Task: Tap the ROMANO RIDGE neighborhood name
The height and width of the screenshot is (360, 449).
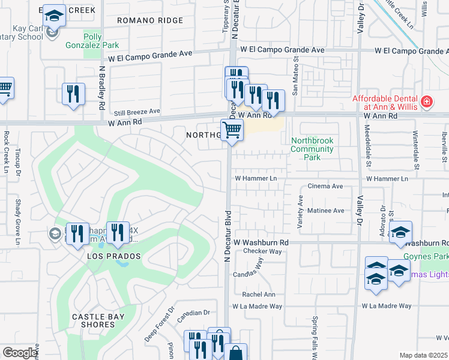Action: (149, 20)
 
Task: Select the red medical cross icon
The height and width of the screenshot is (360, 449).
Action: (427, 103)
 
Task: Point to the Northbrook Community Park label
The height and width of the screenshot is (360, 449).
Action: (312, 149)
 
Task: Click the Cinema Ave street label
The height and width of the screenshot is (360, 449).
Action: (325, 187)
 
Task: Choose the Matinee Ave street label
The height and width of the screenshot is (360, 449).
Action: (325, 211)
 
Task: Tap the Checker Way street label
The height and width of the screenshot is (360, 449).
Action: (250, 252)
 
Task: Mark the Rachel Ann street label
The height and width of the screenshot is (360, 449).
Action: (259, 295)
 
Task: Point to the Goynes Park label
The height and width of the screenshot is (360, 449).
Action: (435, 256)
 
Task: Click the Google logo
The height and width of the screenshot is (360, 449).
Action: (20, 352)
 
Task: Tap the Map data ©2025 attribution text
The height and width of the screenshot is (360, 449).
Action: (423, 355)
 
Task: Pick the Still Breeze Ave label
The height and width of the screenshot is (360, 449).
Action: (137, 112)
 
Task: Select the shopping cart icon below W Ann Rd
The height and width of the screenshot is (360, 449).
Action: (232, 129)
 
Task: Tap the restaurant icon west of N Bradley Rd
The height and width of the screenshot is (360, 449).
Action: (73, 93)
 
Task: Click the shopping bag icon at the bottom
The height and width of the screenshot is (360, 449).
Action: (236, 352)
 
